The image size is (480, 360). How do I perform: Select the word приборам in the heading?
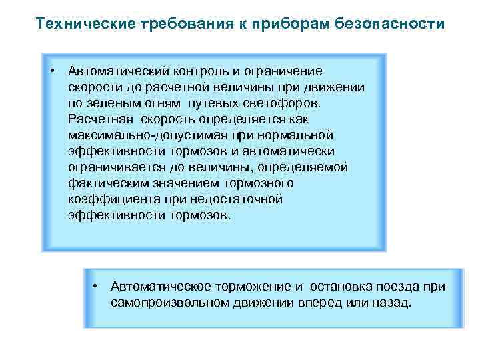pos(281,25)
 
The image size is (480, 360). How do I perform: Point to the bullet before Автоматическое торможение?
pos(96,285)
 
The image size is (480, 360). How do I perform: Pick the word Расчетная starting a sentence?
pos(100,119)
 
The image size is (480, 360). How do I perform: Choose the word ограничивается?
pos(111,167)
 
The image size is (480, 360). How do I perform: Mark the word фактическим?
pos(106,183)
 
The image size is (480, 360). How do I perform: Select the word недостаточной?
pos(236,199)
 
